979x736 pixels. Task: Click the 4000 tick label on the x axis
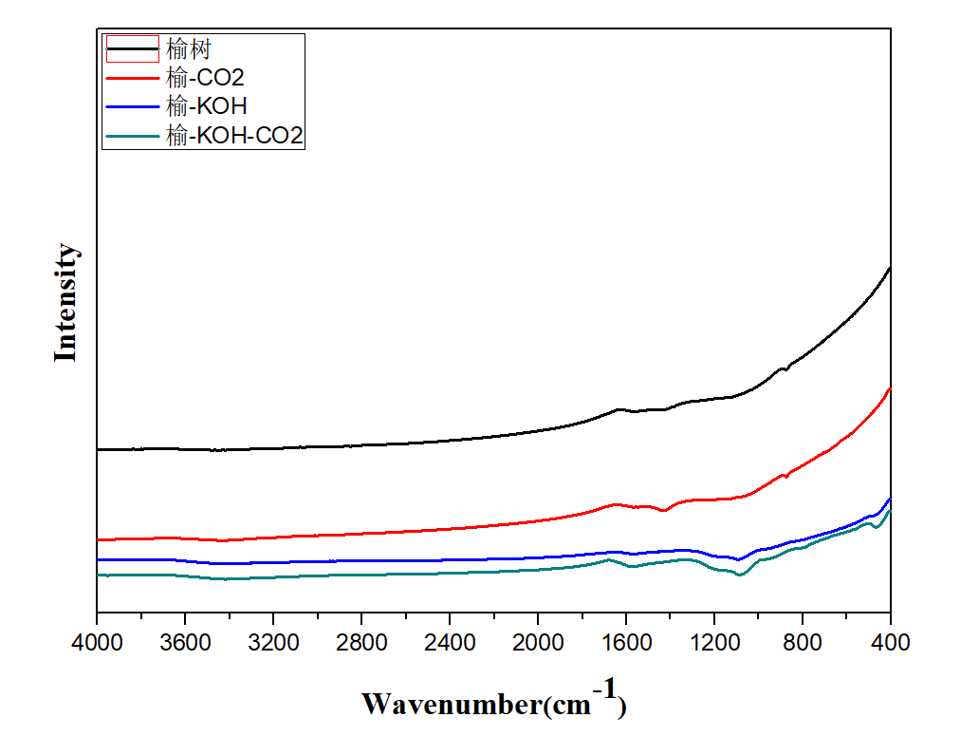(x=97, y=642)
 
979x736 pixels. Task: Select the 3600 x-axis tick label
(x=185, y=642)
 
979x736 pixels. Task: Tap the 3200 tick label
(x=273, y=642)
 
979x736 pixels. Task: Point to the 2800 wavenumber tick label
(x=361, y=642)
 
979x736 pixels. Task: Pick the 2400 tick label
(x=450, y=642)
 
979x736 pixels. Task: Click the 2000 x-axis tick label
(x=538, y=642)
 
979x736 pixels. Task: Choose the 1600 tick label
(x=626, y=642)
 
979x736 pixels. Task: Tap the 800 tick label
(x=803, y=642)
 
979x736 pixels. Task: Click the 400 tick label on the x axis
(x=890, y=642)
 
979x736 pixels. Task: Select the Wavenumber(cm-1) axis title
(x=493, y=703)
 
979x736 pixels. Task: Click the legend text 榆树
(x=188, y=47)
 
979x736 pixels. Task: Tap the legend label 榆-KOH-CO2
(x=233, y=136)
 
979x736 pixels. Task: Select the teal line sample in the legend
(x=131, y=136)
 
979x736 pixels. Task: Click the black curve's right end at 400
(x=889, y=269)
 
